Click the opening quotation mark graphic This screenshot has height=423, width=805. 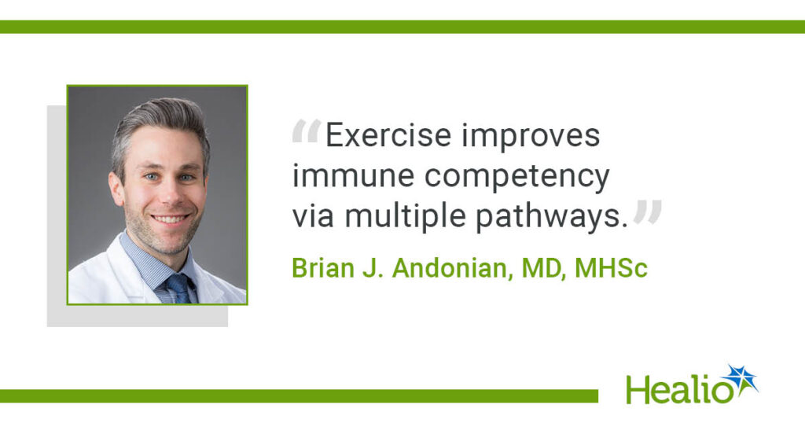coord(306,131)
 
